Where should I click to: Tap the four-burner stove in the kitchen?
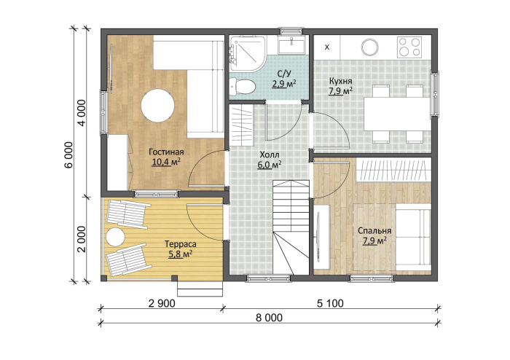(409, 47)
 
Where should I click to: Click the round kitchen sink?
(370, 47)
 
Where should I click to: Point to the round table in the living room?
(158, 106)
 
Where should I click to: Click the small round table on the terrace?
(114, 238)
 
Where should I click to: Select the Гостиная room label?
(166, 152)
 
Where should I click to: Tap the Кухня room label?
(340, 81)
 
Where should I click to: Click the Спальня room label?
(374, 230)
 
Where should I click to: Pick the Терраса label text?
(181, 244)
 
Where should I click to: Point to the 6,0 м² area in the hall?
(270, 165)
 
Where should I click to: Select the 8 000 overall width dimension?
(269, 318)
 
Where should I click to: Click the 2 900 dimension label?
(162, 303)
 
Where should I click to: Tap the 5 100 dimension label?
(330, 303)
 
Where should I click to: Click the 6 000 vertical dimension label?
(69, 154)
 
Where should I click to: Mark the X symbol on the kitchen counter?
(327, 47)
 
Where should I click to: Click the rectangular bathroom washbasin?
(291, 45)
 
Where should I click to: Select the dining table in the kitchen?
(398, 114)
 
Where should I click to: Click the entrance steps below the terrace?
(200, 289)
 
